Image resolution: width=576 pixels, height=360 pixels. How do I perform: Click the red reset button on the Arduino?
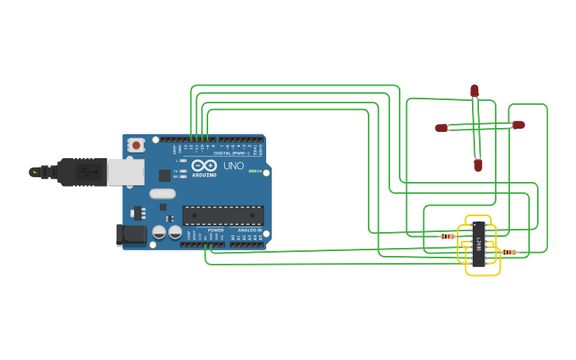click(x=137, y=145)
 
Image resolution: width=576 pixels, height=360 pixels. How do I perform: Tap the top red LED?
click(x=474, y=91)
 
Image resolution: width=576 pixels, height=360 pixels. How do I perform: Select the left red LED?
click(x=441, y=127)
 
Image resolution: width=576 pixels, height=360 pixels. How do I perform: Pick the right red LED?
click(x=519, y=125)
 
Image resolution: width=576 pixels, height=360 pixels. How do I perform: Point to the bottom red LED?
click(x=478, y=165)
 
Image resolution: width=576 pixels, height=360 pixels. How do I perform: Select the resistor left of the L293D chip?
click(x=447, y=236)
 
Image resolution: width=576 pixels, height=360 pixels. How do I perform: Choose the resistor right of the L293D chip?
click(x=509, y=252)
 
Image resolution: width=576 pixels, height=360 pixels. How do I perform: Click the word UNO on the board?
click(x=233, y=166)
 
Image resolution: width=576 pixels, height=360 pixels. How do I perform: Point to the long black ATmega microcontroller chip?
click(x=222, y=215)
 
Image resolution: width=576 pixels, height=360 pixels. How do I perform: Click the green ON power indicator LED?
click(x=253, y=171)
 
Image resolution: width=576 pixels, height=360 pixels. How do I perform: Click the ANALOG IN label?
click(x=246, y=230)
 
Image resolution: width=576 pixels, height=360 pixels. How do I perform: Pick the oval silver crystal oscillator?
click(x=162, y=193)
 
